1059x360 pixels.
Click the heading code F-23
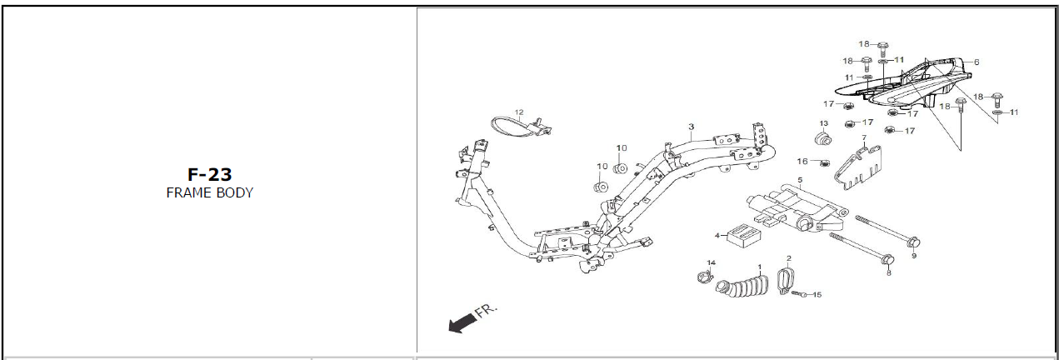[x=209, y=174]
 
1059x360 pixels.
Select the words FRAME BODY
[x=209, y=192]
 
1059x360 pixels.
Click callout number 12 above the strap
[x=518, y=112]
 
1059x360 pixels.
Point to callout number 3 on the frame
[x=691, y=127]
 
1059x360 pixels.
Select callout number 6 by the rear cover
[x=976, y=62]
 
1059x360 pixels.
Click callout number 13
[x=824, y=123]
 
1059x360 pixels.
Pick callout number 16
[x=802, y=161]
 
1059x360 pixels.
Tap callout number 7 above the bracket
[x=864, y=137]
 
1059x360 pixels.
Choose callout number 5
[x=800, y=180]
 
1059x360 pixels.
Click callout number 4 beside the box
[x=717, y=236]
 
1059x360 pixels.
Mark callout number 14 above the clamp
[x=711, y=263]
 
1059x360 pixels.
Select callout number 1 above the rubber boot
[x=759, y=267]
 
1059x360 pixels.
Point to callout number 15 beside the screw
[x=817, y=294]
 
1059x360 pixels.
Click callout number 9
[x=913, y=256]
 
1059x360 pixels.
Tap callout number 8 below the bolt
[x=888, y=272]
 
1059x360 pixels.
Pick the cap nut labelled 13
[x=822, y=137]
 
